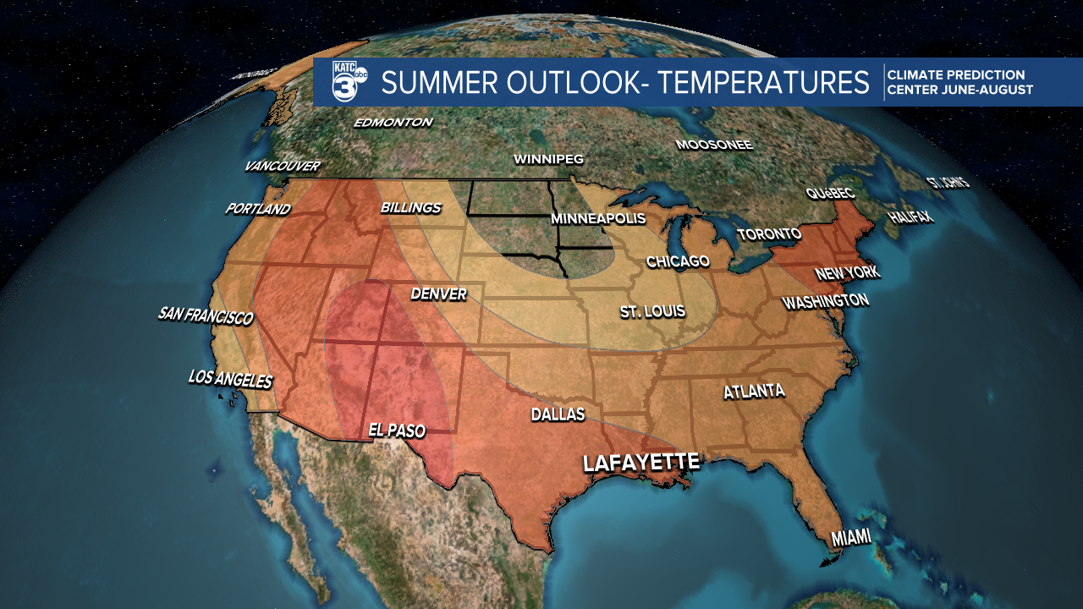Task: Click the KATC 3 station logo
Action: click(x=349, y=82)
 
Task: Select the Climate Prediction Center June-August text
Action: click(x=959, y=83)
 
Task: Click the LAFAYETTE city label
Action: click(x=641, y=463)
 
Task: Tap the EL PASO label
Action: click(x=397, y=431)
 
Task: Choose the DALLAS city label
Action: click(x=558, y=414)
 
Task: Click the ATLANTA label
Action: click(x=754, y=392)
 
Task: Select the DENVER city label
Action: click(x=438, y=294)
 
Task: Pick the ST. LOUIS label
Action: click(x=652, y=312)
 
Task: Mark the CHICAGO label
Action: click(x=678, y=261)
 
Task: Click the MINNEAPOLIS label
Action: click(x=597, y=218)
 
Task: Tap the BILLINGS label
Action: click(x=411, y=207)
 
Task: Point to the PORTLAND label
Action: click(x=258, y=209)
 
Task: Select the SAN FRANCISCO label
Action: click(x=206, y=316)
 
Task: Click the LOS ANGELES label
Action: click(x=231, y=379)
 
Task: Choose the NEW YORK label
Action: click(x=847, y=273)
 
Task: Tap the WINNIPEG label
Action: click(x=548, y=159)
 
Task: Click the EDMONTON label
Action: click(x=393, y=123)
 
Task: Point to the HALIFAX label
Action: click(x=910, y=217)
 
